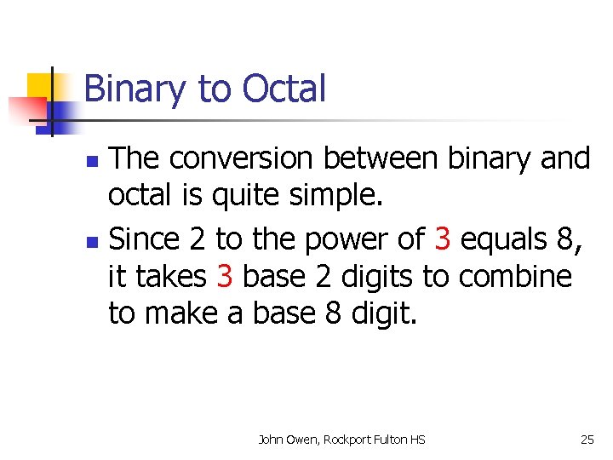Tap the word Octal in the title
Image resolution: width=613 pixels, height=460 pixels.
point(284,89)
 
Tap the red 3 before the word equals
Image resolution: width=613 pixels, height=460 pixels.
point(442,239)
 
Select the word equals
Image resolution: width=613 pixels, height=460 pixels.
point(506,241)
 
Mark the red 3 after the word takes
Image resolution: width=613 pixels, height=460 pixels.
point(225,277)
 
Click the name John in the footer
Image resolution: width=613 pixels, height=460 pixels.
point(273,440)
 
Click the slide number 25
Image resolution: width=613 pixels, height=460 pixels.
point(587,440)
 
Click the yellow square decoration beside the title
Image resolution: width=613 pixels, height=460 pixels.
point(40,85)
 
